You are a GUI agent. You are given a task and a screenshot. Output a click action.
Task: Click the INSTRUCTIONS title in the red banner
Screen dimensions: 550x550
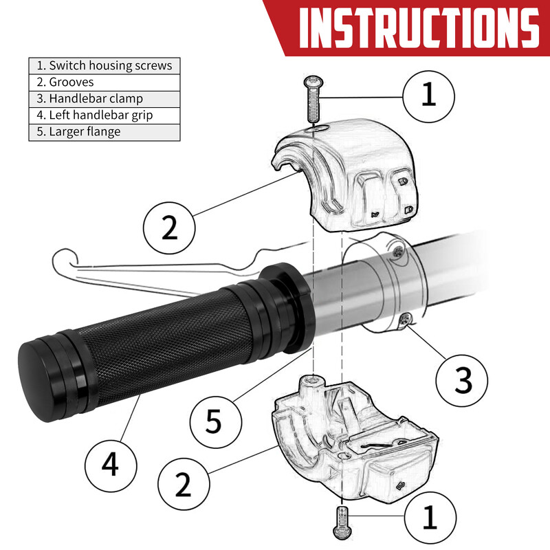pyautogui.click(x=419, y=27)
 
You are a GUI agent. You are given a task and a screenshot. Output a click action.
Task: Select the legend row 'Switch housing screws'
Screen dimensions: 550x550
pyautogui.click(x=104, y=65)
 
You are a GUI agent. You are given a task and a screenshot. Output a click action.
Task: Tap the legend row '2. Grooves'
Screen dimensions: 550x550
pyautogui.click(x=104, y=82)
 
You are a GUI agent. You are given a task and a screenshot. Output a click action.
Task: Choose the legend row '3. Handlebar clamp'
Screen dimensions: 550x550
pyautogui.click(x=104, y=98)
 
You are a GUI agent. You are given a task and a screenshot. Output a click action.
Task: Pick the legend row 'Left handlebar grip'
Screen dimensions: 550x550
pyautogui.click(x=104, y=115)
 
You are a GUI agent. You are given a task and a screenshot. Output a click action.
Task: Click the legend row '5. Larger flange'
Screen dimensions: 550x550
pyautogui.click(x=104, y=132)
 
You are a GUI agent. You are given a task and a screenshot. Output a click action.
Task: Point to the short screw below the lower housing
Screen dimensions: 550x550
pyautogui.click(x=342, y=522)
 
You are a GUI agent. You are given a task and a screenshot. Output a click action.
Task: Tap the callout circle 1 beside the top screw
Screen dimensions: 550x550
pyautogui.click(x=428, y=96)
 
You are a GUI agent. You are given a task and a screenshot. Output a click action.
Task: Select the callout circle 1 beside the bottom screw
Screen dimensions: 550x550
pyautogui.click(x=430, y=518)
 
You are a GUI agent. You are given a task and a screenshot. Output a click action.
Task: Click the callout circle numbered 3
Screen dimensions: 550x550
pyautogui.click(x=462, y=381)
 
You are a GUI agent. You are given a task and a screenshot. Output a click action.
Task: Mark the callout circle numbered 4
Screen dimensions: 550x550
pyautogui.click(x=111, y=466)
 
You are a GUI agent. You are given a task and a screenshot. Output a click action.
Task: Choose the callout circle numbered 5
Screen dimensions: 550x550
pyautogui.click(x=216, y=422)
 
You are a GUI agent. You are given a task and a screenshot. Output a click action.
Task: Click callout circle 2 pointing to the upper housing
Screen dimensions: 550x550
pyautogui.click(x=169, y=228)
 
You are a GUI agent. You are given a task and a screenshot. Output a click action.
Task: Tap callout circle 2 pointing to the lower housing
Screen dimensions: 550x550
pyautogui.click(x=184, y=484)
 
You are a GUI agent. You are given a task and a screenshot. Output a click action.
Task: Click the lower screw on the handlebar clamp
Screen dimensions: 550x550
pyautogui.click(x=406, y=320)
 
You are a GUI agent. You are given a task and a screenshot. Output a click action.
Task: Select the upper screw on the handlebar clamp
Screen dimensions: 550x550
pyautogui.click(x=398, y=251)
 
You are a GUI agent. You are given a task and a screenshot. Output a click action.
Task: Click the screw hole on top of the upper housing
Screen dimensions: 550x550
pyautogui.click(x=318, y=128)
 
